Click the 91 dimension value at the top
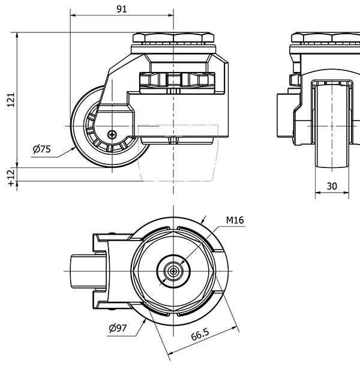coord(121,8)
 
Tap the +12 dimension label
coord(10,178)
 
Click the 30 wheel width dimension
coord(331,187)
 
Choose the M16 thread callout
coord(235,221)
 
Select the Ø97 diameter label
coord(118,328)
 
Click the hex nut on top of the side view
coord(173,38)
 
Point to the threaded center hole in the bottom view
coord(173,271)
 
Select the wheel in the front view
coord(331,126)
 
